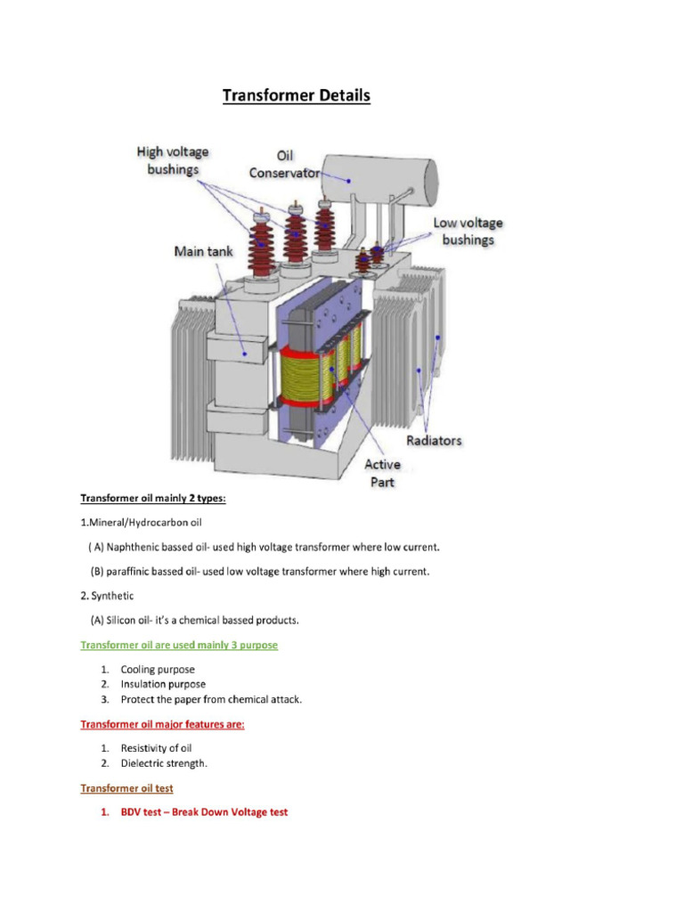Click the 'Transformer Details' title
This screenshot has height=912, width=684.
(296, 96)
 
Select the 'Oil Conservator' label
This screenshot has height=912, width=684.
(284, 164)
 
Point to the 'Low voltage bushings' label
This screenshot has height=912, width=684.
(468, 231)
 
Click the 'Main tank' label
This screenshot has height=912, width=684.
(203, 252)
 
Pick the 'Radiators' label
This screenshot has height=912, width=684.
(434, 441)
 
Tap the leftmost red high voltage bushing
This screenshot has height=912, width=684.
(262, 246)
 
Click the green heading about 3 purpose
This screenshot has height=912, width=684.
(179, 645)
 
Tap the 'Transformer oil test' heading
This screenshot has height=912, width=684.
(126, 788)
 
